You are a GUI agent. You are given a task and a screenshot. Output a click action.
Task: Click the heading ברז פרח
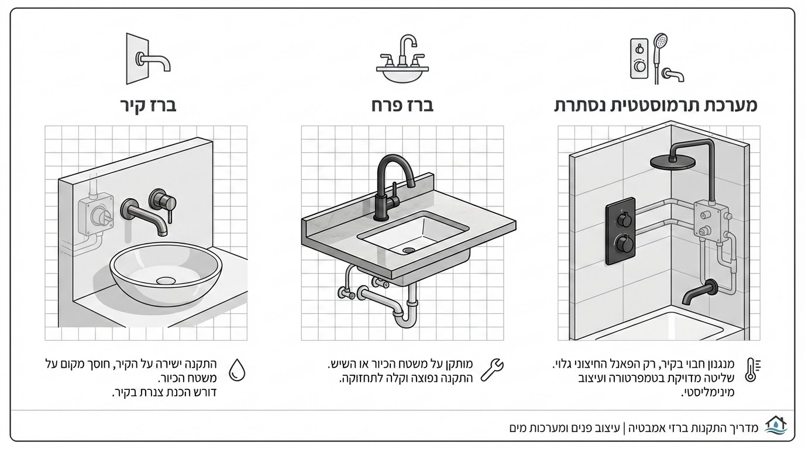click(402, 106)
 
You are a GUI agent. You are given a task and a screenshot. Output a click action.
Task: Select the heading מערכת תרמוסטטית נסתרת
click(656, 106)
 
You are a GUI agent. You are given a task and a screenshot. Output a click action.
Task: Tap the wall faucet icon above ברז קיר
click(148, 58)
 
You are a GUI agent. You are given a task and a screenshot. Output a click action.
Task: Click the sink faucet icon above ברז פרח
click(402, 58)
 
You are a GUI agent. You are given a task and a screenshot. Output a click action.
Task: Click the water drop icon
click(236, 369)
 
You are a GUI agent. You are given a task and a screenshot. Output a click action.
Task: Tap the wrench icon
click(492, 370)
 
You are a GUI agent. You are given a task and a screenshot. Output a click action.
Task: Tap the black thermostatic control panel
click(621, 230)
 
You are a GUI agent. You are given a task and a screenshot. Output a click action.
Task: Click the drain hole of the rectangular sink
click(408, 250)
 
